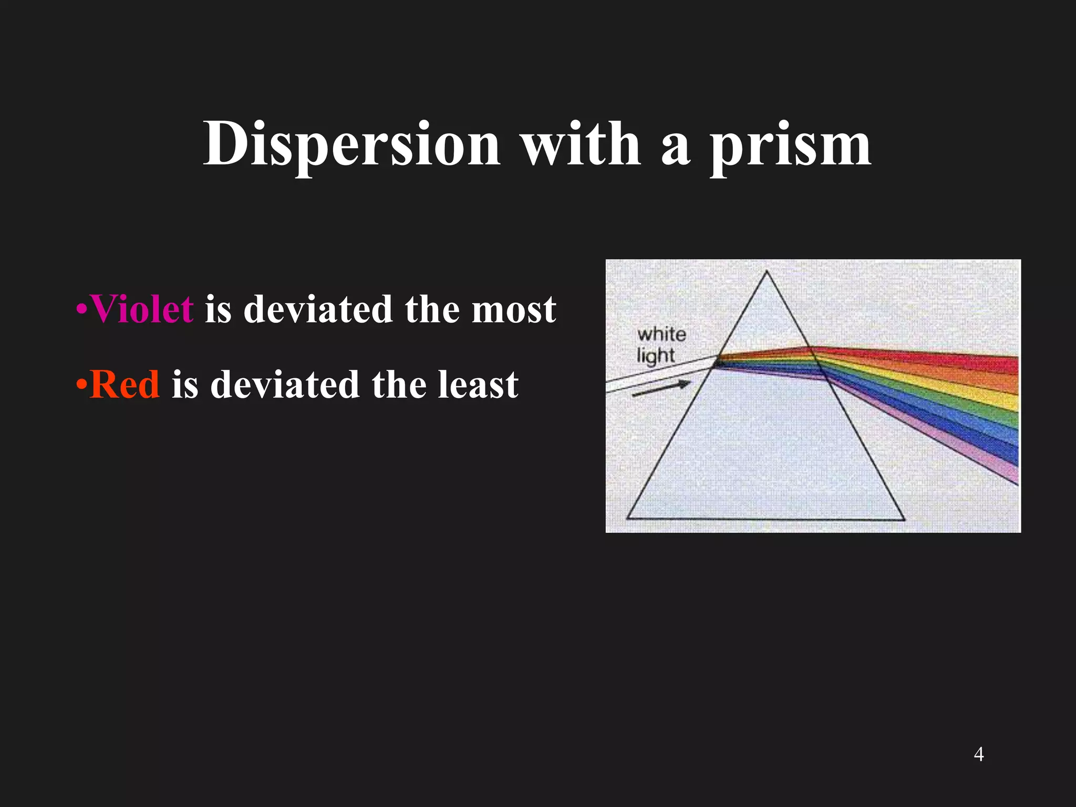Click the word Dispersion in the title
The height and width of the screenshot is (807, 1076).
(351, 144)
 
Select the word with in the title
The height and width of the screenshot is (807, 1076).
(581, 144)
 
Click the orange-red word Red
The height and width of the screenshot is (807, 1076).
(125, 385)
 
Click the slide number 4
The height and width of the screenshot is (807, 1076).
(978, 754)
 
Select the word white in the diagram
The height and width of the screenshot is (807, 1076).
(661, 334)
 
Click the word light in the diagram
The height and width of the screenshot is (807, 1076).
(655, 356)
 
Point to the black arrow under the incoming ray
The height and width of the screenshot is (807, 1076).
(661, 389)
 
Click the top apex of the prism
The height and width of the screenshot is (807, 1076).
(767, 272)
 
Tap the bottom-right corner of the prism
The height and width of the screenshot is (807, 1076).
(904, 520)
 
